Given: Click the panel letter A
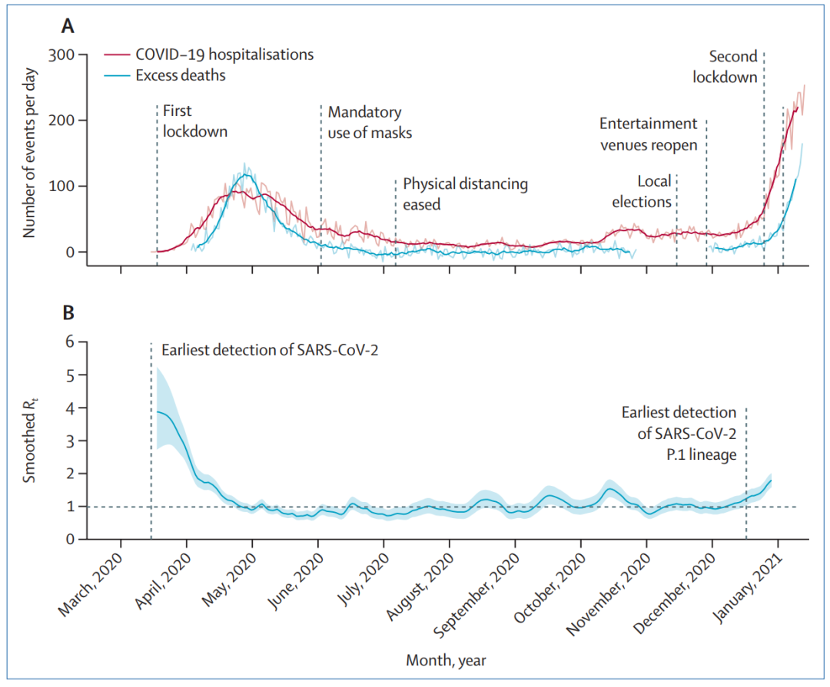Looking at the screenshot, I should [x=68, y=26].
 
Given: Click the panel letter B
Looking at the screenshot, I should [x=68, y=313].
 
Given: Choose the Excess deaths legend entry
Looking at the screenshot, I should [x=181, y=75].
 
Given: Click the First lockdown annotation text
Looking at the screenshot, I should [x=195, y=121].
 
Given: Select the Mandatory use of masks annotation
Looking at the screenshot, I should [x=370, y=123].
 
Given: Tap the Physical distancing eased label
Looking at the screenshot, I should [x=465, y=194].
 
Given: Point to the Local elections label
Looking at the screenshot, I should [x=643, y=191].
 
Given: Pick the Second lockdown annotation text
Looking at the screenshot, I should [x=725, y=67].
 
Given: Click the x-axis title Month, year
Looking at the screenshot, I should [x=446, y=659].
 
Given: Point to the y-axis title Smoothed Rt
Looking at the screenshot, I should [x=30, y=440].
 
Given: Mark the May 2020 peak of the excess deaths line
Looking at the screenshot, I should [x=245, y=174].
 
